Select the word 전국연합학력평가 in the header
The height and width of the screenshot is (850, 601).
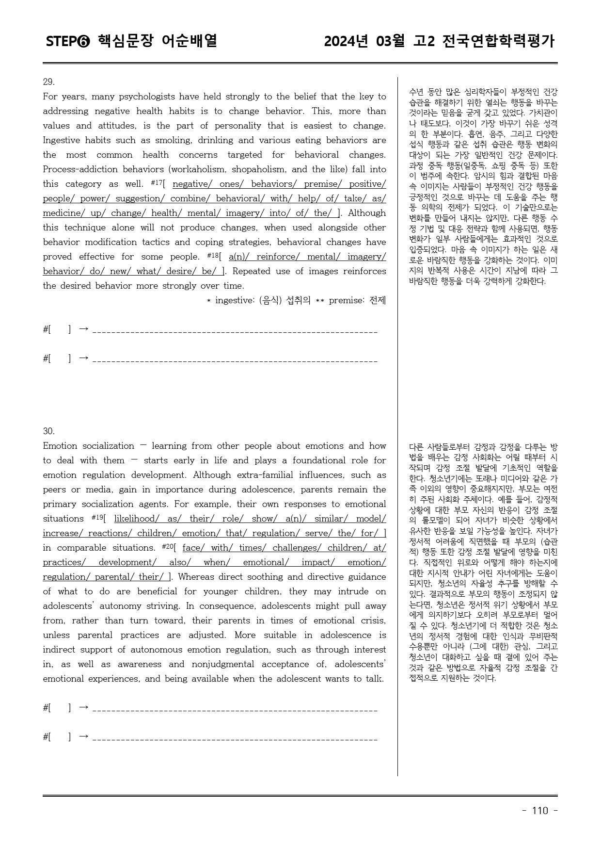point(499,42)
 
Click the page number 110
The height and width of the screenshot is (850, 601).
point(540,811)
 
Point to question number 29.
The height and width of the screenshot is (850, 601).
point(49,82)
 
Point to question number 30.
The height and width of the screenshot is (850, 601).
point(49,431)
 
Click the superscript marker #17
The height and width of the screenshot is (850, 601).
point(156,182)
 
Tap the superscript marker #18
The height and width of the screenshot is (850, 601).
point(214,255)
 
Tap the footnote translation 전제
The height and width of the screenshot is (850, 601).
point(378,300)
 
